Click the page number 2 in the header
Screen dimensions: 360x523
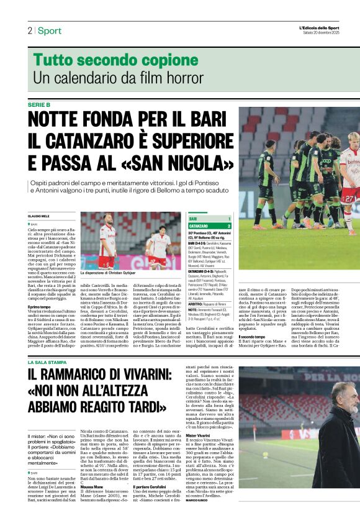(x=29, y=30)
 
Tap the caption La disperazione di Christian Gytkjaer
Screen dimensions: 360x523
(x=109, y=272)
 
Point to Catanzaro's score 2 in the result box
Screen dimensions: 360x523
(x=229, y=225)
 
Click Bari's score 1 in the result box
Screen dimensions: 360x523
(x=229, y=219)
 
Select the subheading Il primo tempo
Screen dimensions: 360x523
(x=39, y=307)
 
